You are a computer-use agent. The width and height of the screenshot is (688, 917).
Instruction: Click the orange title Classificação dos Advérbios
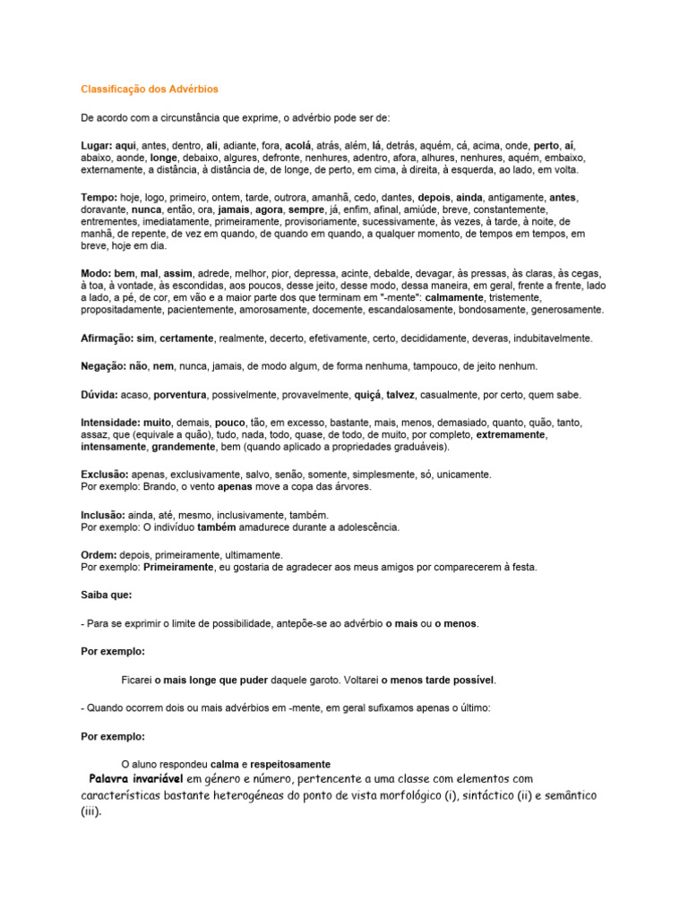tap(150, 90)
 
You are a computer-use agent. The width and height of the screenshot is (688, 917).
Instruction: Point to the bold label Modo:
tap(95, 273)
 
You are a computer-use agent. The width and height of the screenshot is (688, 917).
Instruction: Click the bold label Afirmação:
tap(107, 339)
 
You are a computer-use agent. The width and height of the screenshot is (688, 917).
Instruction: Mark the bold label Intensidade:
tap(110, 422)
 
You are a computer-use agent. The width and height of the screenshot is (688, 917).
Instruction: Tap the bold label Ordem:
tap(99, 555)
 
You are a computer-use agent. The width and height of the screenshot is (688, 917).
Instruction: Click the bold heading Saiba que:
tap(106, 595)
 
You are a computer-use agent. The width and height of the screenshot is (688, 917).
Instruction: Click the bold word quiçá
tap(367, 395)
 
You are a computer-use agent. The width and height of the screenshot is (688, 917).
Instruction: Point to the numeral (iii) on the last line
tap(91, 812)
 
